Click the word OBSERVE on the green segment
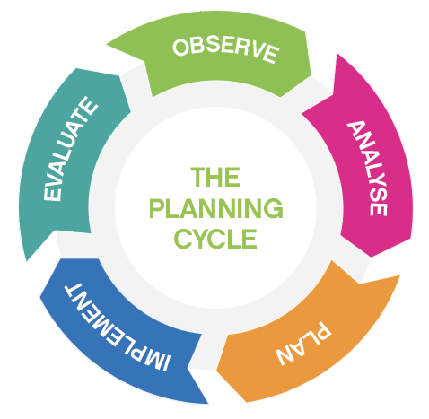pos(226,50)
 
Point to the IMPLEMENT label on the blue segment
pos(117,326)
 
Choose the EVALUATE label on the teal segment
pos(70,149)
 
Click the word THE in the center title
pos(215,177)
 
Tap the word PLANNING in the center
pos(215,208)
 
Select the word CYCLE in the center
pos(215,239)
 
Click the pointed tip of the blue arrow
pos(207,404)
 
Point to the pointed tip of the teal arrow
pos(27,261)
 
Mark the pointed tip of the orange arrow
pos(399,275)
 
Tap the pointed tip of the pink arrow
pos(337,54)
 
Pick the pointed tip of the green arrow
pos(107,45)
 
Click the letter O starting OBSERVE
pos(180,48)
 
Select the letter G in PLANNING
pos(273,208)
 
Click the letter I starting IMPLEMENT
pos(165,362)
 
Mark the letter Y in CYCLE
pos(204,239)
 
